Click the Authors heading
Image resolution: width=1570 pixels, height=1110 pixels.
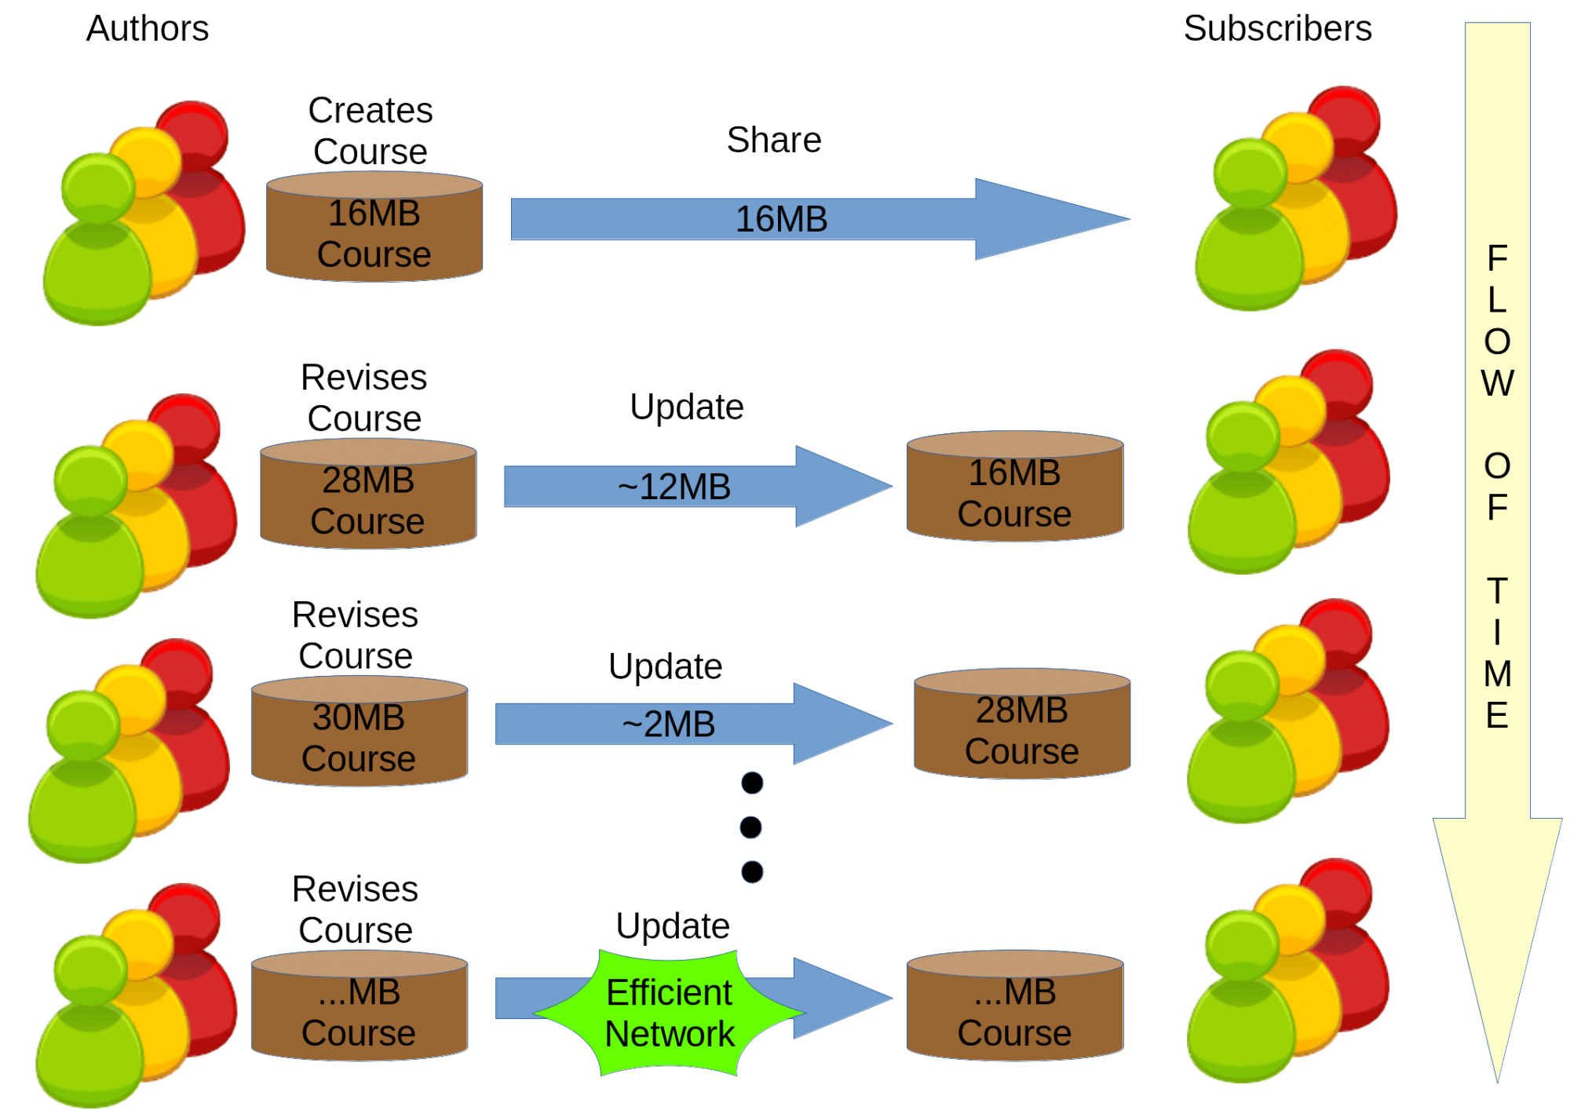[x=148, y=29]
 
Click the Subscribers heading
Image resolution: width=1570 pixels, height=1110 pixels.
[x=1277, y=29]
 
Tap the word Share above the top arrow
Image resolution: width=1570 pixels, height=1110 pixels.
[x=774, y=141]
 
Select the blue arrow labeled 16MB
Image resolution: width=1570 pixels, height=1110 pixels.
[x=820, y=219]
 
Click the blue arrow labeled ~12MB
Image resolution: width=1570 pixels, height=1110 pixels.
[x=698, y=487]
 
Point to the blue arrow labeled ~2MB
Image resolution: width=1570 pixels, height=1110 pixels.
[x=694, y=724]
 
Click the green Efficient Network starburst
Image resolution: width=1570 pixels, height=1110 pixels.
[x=670, y=1013]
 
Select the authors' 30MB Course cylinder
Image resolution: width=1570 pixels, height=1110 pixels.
[x=360, y=732]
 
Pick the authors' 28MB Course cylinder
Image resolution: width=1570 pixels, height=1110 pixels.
[x=368, y=494]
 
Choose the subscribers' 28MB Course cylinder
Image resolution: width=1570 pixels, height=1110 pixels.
[x=1022, y=724]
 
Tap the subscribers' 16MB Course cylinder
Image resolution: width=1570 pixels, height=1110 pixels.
[x=1015, y=486]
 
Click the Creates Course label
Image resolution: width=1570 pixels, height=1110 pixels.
[x=371, y=131]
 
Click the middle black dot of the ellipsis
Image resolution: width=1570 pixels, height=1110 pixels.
[x=751, y=827]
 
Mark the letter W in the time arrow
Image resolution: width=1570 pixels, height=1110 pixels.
[x=1497, y=384]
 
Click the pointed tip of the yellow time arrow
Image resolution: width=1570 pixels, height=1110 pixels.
[x=1498, y=1082]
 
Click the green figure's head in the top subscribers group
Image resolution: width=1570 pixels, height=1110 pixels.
[x=1250, y=173]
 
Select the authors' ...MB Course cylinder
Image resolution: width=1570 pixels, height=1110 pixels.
[x=360, y=1006]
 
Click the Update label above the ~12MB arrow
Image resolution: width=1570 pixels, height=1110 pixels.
[x=687, y=407]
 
